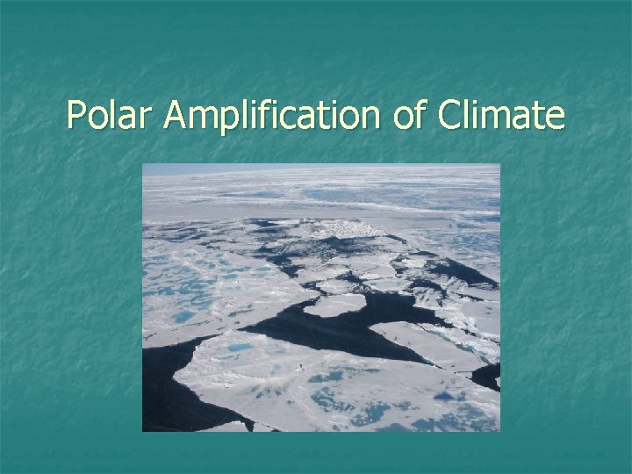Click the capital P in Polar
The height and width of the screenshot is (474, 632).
75,115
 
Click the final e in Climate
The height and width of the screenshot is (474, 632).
556,118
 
